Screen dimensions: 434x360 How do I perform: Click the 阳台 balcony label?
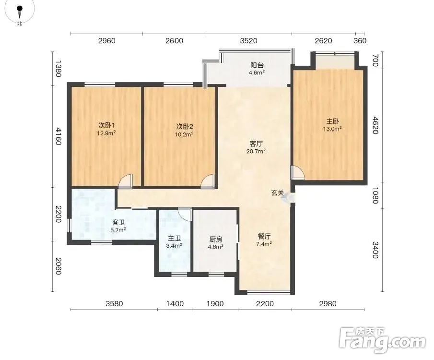click(x=257, y=65)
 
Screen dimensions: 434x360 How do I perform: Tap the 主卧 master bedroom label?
click(x=332, y=121)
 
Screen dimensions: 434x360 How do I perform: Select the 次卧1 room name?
click(x=106, y=126)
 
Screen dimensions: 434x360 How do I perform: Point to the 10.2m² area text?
click(x=184, y=134)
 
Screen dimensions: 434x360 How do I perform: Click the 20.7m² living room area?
click(x=256, y=151)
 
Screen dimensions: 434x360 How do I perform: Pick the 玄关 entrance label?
click(x=277, y=192)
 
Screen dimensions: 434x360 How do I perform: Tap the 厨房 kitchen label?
click(x=216, y=239)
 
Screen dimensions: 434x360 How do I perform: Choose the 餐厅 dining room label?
click(x=264, y=236)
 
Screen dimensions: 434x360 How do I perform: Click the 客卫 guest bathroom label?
click(x=118, y=222)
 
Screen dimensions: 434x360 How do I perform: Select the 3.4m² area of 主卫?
click(x=174, y=246)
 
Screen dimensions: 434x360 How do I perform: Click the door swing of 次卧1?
click(x=126, y=181)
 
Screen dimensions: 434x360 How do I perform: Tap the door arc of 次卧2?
click(x=208, y=181)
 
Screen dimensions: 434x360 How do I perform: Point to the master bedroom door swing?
click(x=297, y=172)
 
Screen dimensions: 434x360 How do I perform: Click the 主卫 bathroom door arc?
click(x=185, y=214)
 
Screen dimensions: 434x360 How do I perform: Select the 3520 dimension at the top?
click(x=248, y=41)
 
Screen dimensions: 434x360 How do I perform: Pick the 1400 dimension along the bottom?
click(x=175, y=304)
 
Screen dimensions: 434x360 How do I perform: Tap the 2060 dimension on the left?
click(x=58, y=266)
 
